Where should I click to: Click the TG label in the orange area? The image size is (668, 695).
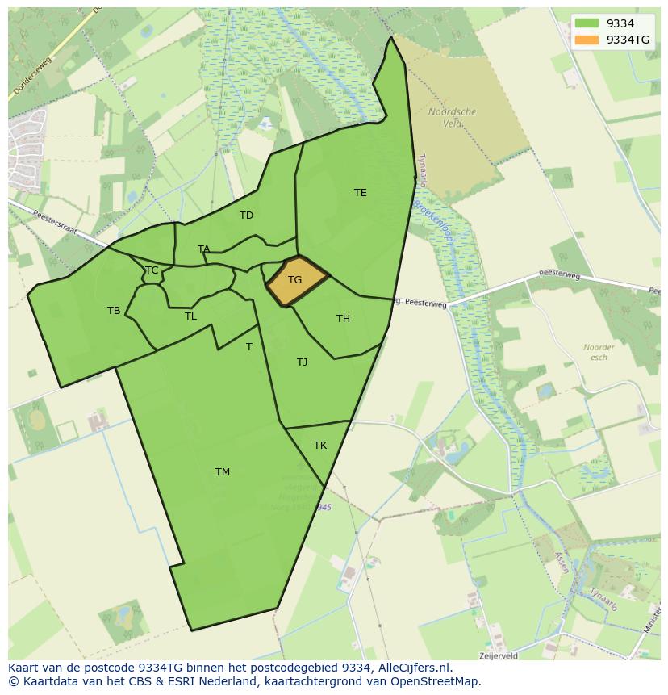[294, 280]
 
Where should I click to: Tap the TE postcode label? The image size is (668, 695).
[361, 193]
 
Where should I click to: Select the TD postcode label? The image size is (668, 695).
[246, 216]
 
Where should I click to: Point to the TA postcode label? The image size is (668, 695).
[203, 249]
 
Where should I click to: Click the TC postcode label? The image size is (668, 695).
[152, 270]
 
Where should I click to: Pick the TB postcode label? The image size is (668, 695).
[114, 311]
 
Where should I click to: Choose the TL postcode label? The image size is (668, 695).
[190, 316]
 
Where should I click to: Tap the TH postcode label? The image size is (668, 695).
[343, 319]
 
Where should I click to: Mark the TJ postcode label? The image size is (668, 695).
[302, 362]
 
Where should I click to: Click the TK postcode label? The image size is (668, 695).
[320, 446]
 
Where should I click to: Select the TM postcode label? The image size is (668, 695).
[223, 472]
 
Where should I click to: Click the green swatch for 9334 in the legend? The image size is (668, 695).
[587, 24]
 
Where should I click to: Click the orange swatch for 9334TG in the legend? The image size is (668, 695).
[587, 40]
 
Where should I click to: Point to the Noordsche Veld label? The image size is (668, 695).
[452, 118]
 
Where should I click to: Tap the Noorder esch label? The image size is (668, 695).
[599, 352]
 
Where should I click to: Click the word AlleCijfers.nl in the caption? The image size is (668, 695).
[413, 668]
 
